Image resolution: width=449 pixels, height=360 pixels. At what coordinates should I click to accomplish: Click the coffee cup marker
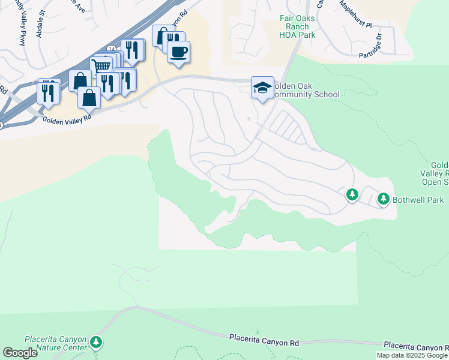[178, 51]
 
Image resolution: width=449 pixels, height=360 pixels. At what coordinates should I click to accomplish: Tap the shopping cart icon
[103, 67]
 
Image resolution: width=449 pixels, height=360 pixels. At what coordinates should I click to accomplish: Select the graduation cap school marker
[262, 88]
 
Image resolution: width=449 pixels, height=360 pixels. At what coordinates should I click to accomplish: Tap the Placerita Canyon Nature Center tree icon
[96, 343]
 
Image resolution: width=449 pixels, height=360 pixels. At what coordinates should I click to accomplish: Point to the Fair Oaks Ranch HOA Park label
[297, 26]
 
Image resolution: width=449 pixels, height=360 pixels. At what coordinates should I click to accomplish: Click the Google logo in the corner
[20, 353]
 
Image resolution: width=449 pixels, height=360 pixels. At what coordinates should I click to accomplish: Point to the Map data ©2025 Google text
[412, 355]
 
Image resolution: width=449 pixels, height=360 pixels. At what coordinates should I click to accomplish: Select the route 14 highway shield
[112, 47]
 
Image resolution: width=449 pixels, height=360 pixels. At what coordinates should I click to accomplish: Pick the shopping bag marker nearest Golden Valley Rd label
[89, 98]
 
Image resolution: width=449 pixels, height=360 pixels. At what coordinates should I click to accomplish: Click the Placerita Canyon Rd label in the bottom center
[264, 341]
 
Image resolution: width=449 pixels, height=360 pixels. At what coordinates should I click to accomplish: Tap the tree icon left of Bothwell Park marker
[352, 194]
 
